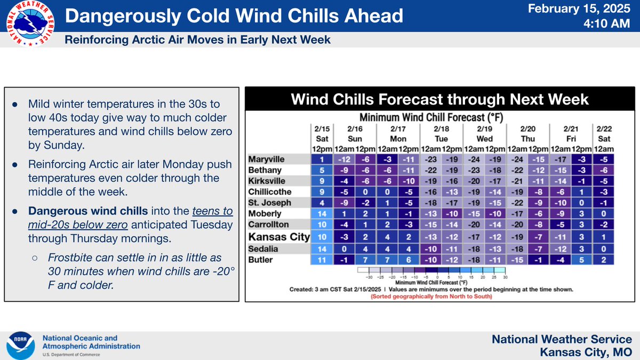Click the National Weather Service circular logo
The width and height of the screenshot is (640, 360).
[30, 23]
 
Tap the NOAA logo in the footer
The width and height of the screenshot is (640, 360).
[21, 346]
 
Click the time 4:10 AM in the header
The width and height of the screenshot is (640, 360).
[606, 23]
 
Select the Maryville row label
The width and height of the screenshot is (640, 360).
[266, 159]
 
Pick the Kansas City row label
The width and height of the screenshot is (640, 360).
[279, 237]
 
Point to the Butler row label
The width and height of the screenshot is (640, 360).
[260, 260]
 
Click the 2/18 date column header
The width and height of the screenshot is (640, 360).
[442, 129]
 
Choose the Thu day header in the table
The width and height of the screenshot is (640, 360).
[527, 139]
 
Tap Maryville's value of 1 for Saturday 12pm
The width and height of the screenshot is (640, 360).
[322, 159]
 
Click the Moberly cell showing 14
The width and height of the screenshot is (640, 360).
[322, 214]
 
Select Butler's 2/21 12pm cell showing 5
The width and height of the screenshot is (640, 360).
[581, 260]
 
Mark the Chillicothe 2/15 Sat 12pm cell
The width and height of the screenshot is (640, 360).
[322, 191]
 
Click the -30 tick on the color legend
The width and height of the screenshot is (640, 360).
[369, 277]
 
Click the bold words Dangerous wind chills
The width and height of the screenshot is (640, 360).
[88, 211]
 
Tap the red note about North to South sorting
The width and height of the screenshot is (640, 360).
[431, 297]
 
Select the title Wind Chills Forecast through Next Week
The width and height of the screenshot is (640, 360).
[439, 99]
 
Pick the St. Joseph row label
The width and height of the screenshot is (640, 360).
[270, 203]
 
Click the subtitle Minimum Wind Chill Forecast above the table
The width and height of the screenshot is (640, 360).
[431, 117]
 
